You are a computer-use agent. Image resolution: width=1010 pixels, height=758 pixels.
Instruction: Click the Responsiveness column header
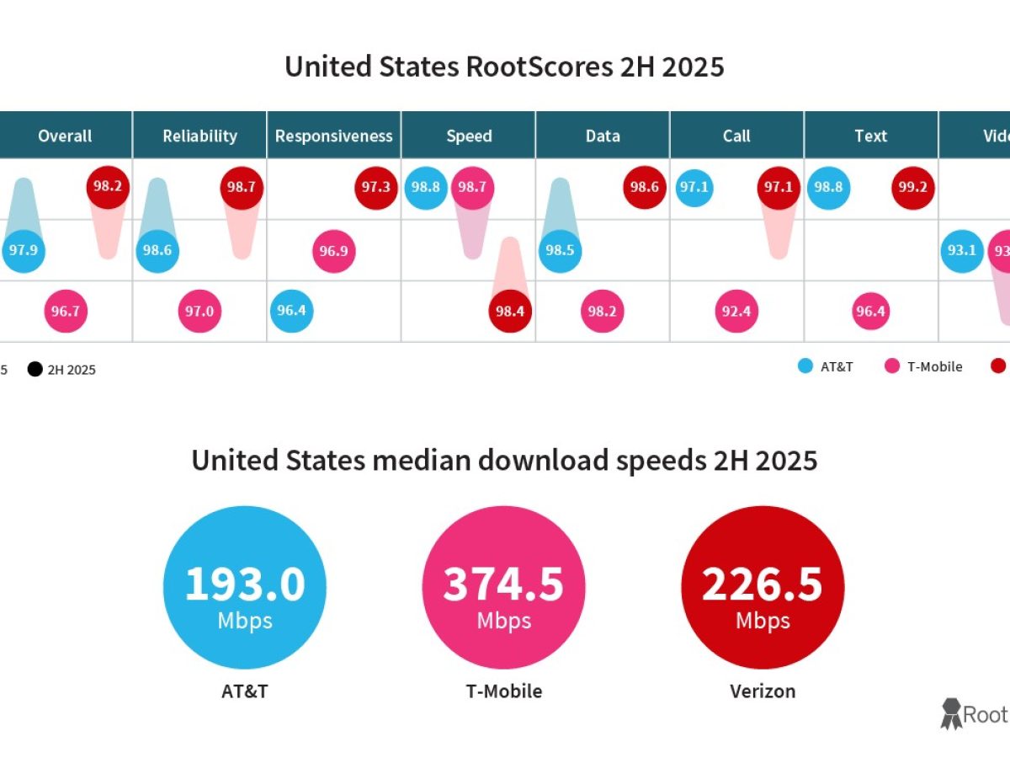point(333,136)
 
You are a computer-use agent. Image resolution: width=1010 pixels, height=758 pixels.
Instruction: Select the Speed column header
point(469,136)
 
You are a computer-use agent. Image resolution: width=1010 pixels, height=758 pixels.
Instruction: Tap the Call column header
point(736,136)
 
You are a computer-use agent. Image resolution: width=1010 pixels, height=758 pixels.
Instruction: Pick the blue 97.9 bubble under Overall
point(24,250)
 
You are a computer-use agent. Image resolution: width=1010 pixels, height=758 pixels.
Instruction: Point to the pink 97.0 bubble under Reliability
point(199,312)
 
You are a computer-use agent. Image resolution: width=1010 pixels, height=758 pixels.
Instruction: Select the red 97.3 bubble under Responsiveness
point(375,188)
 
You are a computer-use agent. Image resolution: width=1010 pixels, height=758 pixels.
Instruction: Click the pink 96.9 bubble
point(333,250)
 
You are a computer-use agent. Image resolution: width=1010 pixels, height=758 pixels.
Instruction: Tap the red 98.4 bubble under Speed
point(510,312)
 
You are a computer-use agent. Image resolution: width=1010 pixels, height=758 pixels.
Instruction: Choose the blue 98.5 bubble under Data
point(560,250)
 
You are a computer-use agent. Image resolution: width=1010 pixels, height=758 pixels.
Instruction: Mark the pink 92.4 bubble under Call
point(736,312)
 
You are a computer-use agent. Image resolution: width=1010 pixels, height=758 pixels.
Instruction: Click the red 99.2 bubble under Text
point(912,188)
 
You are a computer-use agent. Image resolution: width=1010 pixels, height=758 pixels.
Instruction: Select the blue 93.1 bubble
point(962,250)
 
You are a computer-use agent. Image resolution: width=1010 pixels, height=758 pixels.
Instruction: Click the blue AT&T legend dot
point(805,366)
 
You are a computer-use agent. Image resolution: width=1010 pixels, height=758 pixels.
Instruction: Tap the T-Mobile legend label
point(934,366)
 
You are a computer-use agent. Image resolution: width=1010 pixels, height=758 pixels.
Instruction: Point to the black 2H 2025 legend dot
point(35,370)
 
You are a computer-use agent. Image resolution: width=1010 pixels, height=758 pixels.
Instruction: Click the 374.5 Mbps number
point(503,584)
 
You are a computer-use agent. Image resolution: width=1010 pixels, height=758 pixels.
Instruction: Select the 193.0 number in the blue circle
point(245,584)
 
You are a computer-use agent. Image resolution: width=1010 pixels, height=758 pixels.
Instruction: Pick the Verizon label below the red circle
point(763,691)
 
